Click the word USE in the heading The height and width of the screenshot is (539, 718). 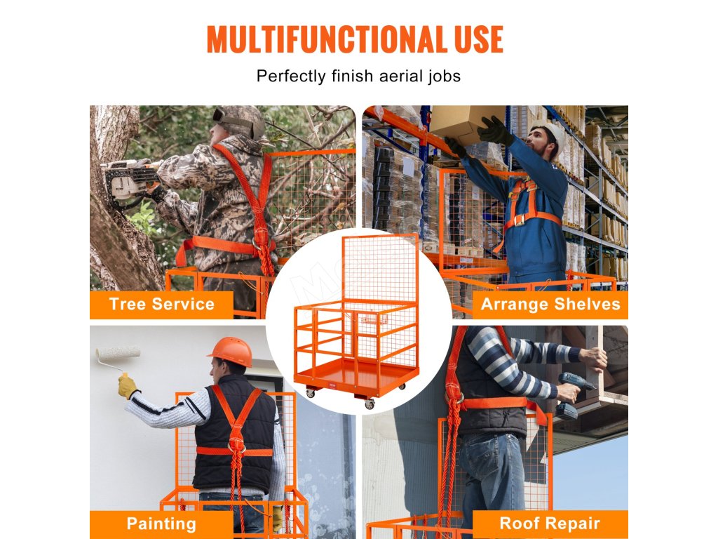point(479,39)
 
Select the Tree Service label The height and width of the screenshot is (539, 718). point(162,305)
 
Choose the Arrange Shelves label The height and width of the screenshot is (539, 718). point(550,305)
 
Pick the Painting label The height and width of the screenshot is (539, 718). point(161,524)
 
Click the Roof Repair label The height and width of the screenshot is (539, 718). point(550,523)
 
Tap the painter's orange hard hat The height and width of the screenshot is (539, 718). point(231,352)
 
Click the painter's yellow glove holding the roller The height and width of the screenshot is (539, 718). point(128,386)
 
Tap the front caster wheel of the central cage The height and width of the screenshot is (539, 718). point(369,404)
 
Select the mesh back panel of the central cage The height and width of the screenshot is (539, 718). point(380,269)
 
